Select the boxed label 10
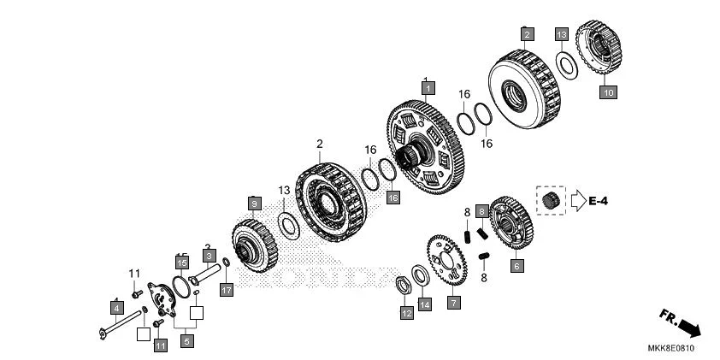click(x=608, y=91)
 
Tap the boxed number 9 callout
click(x=253, y=203)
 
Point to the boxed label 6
click(x=516, y=266)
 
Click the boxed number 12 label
click(x=406, y=314)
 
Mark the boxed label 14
click(x=425, y=304)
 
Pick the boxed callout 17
click(x=226, y=291)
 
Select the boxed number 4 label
click(x=115, y=305)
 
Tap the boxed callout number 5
click(x=186, y=340)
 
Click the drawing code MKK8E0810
click(x=670, y=348)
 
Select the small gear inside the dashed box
click(x=551, y=201)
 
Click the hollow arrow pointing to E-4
click(x=579, y=201)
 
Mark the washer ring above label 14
click(x=421, y=275)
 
